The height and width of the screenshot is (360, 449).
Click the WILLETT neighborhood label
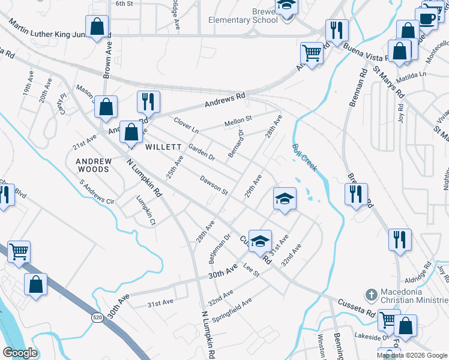(x=163, y=147)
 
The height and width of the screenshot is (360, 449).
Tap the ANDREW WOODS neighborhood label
(x=93, y=165)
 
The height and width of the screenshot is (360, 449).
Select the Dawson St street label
(x=214, y=185)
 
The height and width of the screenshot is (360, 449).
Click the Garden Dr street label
(x=201, y=152)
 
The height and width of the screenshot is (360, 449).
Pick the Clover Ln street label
(x=186, y=125)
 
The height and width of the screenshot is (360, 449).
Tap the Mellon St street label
(x=238, y=122)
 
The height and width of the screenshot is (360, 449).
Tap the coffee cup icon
(x=427, y=18)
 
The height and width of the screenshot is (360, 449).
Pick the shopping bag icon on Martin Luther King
(x=97, y=27)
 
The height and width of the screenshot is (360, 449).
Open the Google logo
(x=20, y=353)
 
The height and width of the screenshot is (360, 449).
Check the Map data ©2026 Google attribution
(x=411, y=355)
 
